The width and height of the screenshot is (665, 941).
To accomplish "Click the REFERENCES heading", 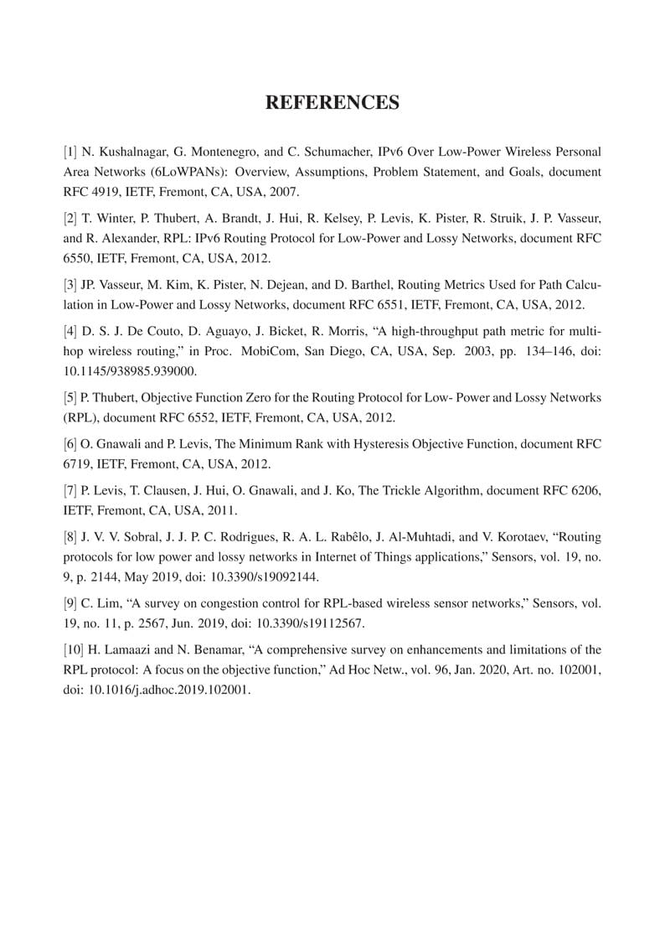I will [332, 103].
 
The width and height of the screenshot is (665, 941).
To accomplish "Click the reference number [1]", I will [70, 152].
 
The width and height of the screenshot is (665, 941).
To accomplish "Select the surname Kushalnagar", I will [131, 152].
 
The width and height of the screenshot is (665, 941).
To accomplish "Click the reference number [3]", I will [70, 286].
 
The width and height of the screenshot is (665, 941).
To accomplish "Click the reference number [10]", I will [74, 649].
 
